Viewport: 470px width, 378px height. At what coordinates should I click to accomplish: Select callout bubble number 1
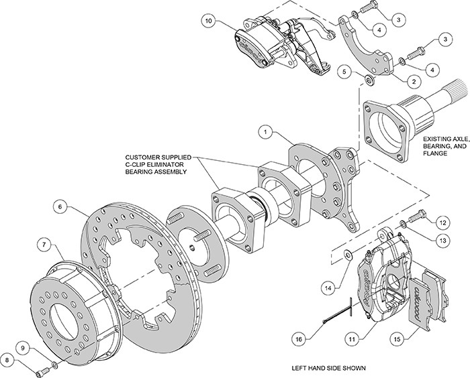point(267,133)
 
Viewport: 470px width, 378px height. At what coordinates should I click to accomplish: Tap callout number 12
point(442,222)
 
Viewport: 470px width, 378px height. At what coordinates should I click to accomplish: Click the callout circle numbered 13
point(442,240)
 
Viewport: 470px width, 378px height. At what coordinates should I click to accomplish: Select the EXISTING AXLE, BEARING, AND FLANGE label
point(443,151)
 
